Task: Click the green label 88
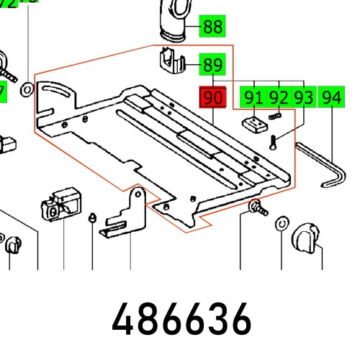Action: pos(212,27)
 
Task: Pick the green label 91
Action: pos(254,96)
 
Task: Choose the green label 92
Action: pos(279,96)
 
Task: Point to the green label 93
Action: pos(303,96)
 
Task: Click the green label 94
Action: pos(332,96)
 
